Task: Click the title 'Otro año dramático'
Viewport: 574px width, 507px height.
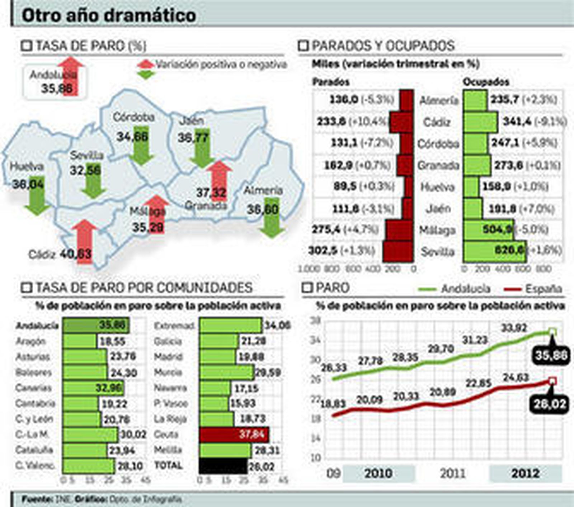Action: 109,16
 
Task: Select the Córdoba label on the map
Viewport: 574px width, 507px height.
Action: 133,117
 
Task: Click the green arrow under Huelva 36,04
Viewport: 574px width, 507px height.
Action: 37,195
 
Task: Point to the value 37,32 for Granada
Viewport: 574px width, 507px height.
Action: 211,193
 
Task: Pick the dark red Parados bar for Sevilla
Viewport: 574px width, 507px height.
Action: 398,251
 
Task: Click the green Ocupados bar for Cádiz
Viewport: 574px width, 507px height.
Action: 480,122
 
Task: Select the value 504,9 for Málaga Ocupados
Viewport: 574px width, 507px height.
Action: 498,229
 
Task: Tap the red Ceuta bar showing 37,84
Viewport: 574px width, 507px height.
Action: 234,435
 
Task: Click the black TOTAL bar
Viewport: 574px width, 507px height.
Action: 223,466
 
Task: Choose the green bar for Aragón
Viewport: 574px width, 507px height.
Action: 80,341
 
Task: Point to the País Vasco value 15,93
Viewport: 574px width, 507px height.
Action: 243,403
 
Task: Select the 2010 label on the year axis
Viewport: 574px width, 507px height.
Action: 378,473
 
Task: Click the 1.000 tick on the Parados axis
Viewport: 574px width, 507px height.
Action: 309,269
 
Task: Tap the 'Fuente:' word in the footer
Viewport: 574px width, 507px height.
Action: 37,499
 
